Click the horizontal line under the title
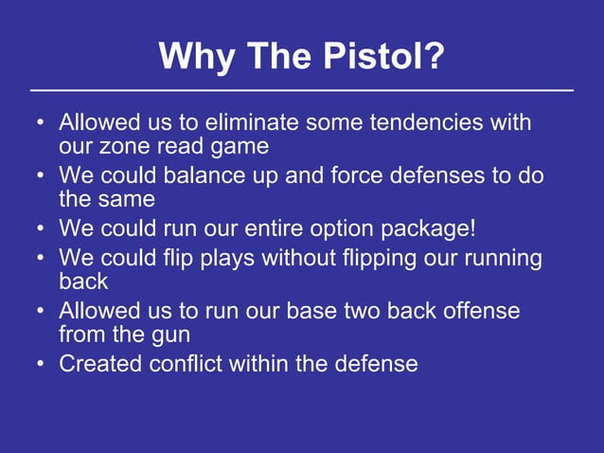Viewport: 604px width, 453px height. click(x=302, y=91)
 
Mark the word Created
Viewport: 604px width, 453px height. click(x=98, y=364)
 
